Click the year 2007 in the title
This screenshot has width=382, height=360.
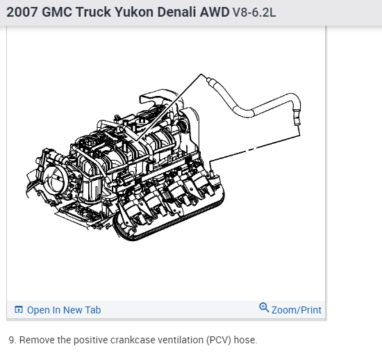[x=22, y=12]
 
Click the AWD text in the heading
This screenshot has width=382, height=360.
[x=215, y=12]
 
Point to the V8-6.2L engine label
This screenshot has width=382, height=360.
[x=254, y=13]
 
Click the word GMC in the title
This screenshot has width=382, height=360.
[x=57, y=12]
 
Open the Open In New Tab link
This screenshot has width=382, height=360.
[x=64, y=310]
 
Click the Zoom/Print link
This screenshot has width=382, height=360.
[x=297, y=310]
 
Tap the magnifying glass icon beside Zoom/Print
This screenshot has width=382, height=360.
[x=264, y=308]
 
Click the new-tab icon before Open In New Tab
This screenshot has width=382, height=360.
[x=19, y=309]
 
